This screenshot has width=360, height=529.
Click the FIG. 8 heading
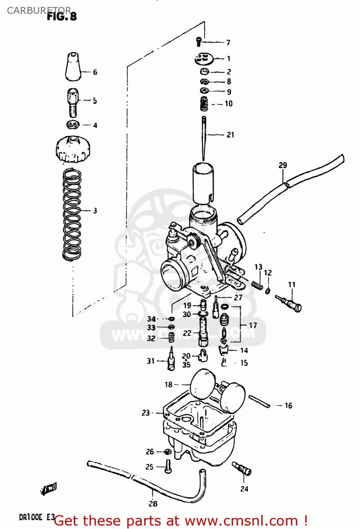pyautogui.click(x=62, y=16)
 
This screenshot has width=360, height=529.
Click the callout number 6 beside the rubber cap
pyautogui.click(x=95, y=72)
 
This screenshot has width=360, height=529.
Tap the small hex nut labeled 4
pyautogui.click(x=73, y=124)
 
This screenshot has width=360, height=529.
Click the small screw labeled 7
pyautogui.click(x=199, y=42)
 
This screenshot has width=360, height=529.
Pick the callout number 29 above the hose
pyautogui.click(x=283, y=165)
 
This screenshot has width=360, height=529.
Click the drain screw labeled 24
pyautogui.click(x=242, y=469)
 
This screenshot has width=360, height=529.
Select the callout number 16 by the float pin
pyautogui.click(x=288, y=406)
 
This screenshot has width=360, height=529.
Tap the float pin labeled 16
pyautogui.click(x=260, y=401)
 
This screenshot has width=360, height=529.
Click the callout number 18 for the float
pyautogui.click(x=169, y=384)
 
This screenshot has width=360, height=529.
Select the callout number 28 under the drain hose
pyautogui.click(x=153, y=504)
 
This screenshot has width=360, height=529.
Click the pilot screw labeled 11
pyautogui.click(x=289, y=303)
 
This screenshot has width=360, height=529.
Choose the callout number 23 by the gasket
pyautogui.click(x=146, y=413)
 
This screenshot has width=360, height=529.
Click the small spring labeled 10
pyautogui.click(x=204, y=104)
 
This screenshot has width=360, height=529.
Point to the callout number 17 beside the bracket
pyautogui.click(x=253, y=325)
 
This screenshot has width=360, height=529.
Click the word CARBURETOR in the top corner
pyautogui.click(x=39, y=11)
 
